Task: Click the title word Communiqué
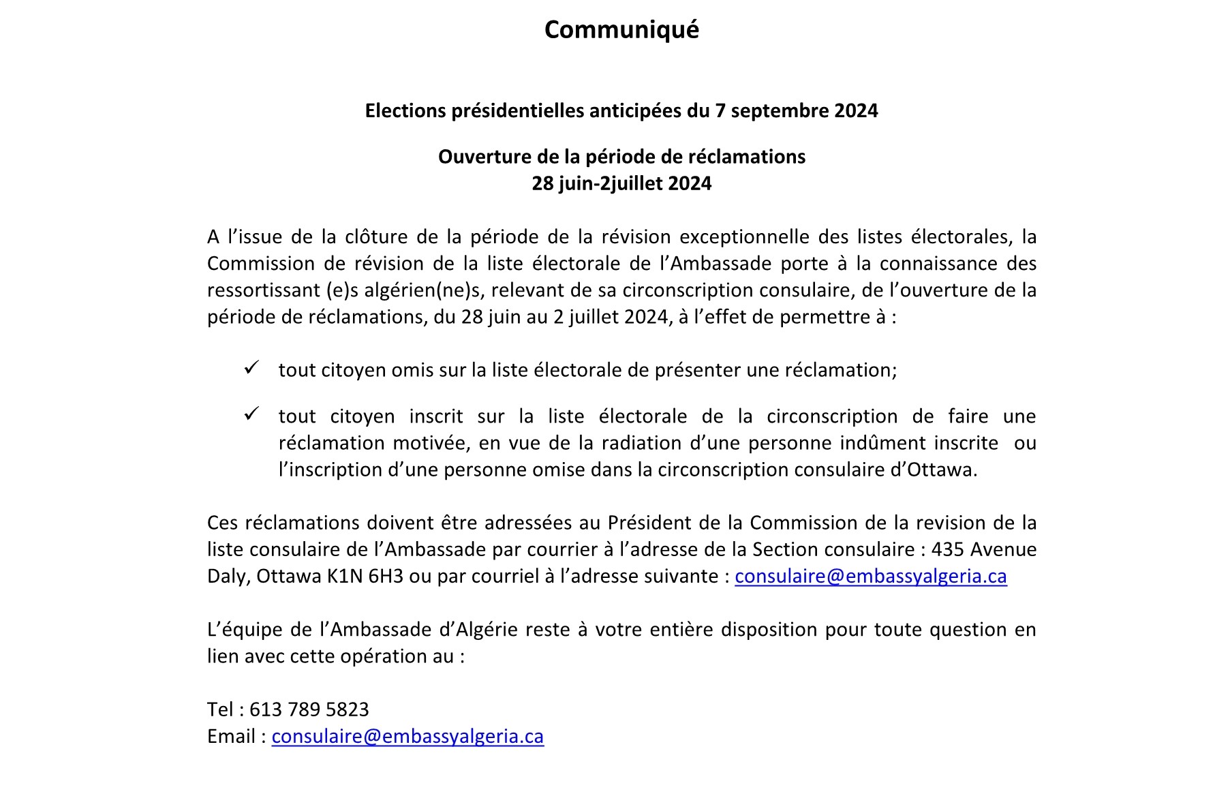[x=621, y=30]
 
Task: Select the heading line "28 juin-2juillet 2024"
[x=621, y=183]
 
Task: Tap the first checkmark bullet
[x=251, y=368]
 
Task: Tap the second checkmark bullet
[x=251, y=414]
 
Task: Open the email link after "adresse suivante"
[x=870, y=577]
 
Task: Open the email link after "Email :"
[x=407, y=737]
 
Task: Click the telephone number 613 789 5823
[x=309, y=709]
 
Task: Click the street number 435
[x=947, y=549]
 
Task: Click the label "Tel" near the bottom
[x=220, y=709]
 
